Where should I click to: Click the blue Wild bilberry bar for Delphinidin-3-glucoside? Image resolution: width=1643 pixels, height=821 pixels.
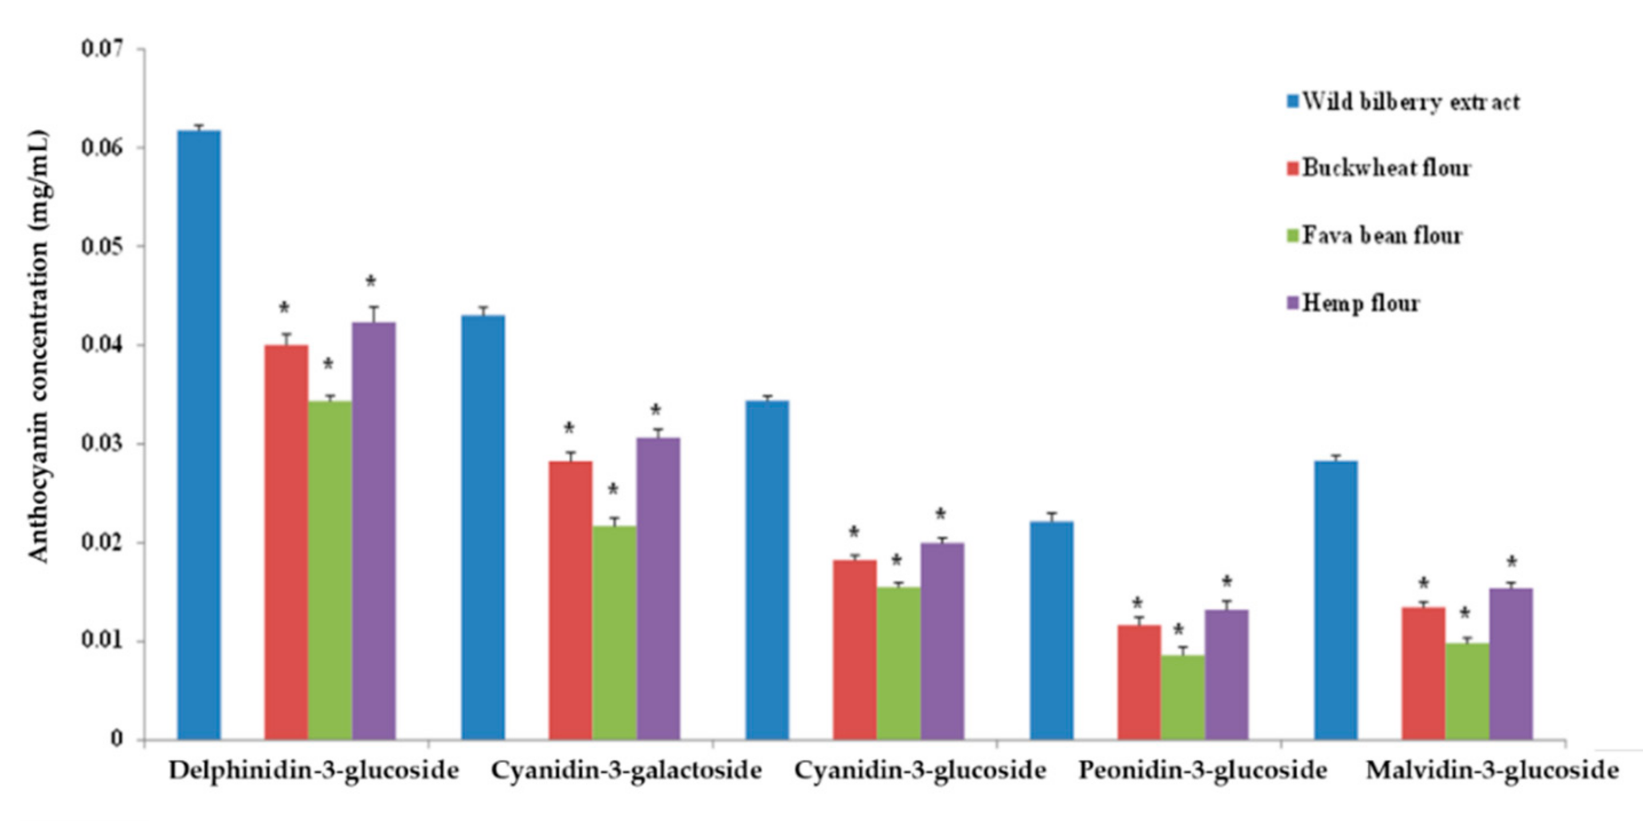(199, 434)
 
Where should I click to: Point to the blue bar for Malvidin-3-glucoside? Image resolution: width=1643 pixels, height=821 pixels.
(1336, 599)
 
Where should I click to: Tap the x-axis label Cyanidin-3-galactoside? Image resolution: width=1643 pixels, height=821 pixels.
(626, 771)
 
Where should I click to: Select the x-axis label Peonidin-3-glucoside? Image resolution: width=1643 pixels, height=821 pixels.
(1202, 771)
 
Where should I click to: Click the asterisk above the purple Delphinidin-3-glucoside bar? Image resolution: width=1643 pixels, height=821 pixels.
(370, 281)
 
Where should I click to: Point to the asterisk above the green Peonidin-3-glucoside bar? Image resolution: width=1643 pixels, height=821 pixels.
(1178, 630)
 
